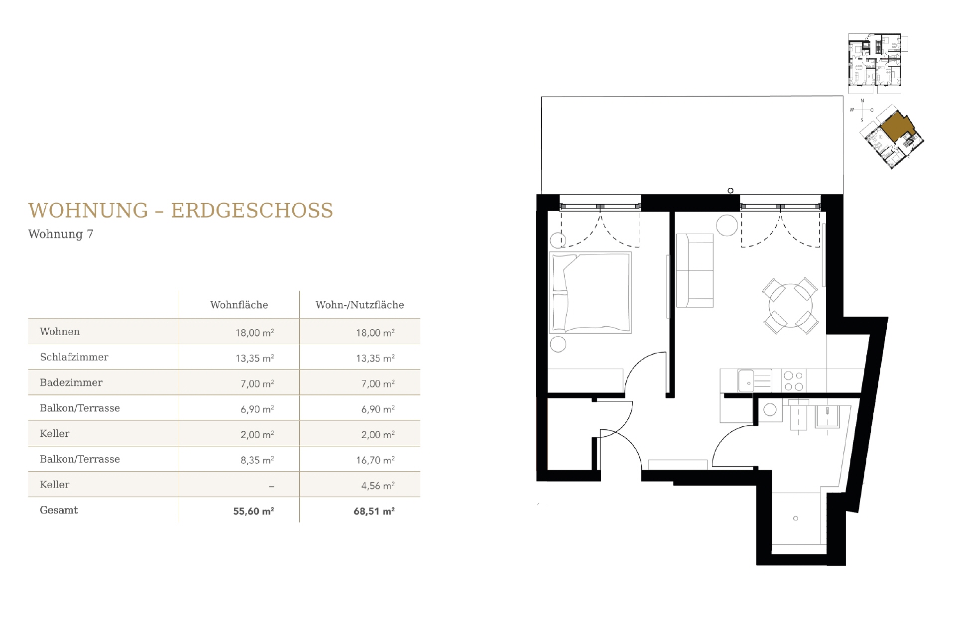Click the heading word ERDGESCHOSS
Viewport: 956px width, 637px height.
click(252, 211)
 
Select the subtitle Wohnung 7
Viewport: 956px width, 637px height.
click(61, 234)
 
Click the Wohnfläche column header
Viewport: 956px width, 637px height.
click(239, 305)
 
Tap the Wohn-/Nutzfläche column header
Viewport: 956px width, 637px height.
click(359, 305)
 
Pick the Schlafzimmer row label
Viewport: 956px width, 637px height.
click(74, 357)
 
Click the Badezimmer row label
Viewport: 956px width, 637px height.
click(71, 382)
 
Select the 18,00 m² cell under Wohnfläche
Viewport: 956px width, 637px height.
click(254, 333)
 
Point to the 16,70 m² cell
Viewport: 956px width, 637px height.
click(375, 460)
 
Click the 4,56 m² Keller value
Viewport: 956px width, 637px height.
click(377, 486)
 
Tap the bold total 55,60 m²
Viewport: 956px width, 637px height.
click(253, 511)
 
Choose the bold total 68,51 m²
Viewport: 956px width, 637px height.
click(374, 511)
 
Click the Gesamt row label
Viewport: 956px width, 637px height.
click(59, 510)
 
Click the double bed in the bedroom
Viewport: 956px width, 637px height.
click(590, 292)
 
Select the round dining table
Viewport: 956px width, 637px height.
click(790, 305)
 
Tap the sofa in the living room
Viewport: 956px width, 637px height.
click(695, 270)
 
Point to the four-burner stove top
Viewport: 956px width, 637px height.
click(794, 382)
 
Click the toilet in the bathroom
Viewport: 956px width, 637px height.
click(799, 415)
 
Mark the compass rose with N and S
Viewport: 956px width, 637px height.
click(862, 110)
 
